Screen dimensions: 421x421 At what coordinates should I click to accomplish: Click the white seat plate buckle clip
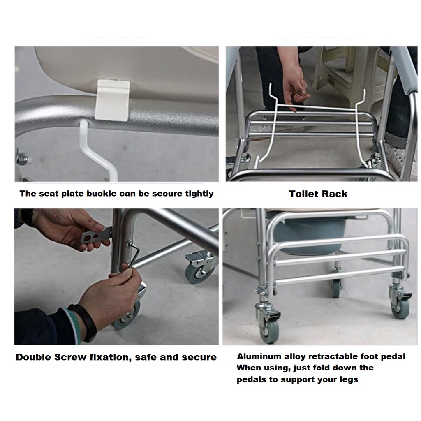(x=112, y=100)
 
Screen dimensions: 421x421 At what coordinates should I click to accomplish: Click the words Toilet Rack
(x=318, y=194)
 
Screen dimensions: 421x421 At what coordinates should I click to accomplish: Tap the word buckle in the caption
(x=102, y=194)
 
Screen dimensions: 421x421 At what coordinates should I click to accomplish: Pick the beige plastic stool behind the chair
(x=340, y=72)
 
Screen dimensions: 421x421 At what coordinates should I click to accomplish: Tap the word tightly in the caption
(x=199, y=194)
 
